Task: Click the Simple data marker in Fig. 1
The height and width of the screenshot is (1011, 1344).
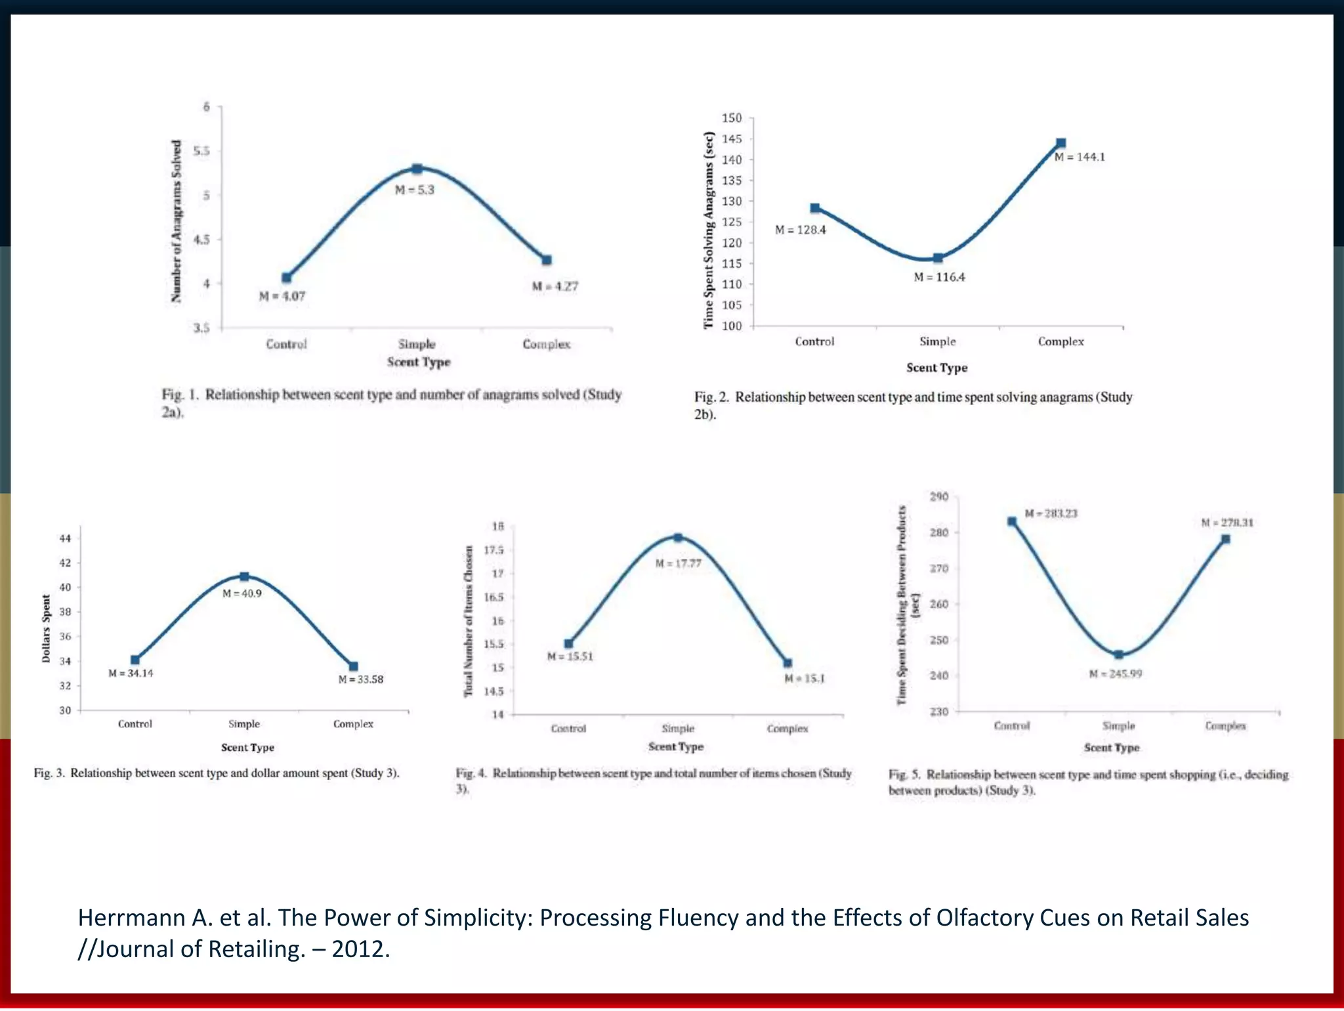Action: click(417, 169)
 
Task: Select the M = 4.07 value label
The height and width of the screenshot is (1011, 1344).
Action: click(282, 296)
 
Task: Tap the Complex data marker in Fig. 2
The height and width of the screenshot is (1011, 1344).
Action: click(1060, 143)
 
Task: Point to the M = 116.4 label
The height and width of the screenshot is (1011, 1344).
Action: click(939, 277)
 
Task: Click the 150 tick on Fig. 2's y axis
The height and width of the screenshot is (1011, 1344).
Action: click(732, 118)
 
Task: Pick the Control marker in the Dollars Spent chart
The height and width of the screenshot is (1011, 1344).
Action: click(135, 660)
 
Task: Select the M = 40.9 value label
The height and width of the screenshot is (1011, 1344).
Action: click(241, 593)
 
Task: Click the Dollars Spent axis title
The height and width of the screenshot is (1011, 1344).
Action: click(46, 628)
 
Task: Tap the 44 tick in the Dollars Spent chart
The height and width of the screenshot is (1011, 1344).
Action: click(65, 538)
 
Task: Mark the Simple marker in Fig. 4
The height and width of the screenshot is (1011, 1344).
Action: click(678, 538)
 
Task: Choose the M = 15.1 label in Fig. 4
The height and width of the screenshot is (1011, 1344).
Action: click(805, 678)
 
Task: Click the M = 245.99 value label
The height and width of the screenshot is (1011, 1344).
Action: click(1116, 674)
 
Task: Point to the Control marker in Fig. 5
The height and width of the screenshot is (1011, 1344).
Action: click(1012, 522)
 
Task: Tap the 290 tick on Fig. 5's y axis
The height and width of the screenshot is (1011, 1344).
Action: click(939, 496)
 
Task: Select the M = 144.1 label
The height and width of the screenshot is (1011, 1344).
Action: click(1080, 157)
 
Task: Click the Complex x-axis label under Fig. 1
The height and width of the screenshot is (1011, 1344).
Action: click(546, 344)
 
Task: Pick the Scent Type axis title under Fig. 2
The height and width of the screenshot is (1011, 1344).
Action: click(936, 368)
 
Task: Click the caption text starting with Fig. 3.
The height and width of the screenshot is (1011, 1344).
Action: click(217, 773)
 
